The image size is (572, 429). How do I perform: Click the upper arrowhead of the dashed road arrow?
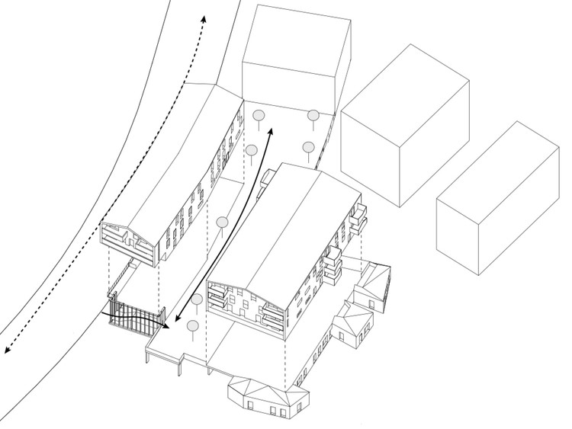click(202, 16)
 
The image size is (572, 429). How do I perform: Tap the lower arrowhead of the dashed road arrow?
click(7, 350)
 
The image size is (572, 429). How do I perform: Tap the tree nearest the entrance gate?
click(191, 328)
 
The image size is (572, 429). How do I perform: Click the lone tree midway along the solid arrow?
click(222, 223)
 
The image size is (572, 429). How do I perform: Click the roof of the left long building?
click(179, 160)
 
